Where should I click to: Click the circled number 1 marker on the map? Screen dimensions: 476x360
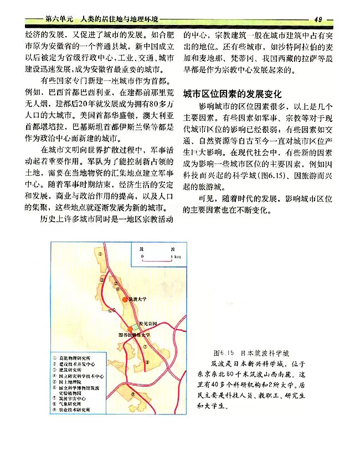click(100, 254)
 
